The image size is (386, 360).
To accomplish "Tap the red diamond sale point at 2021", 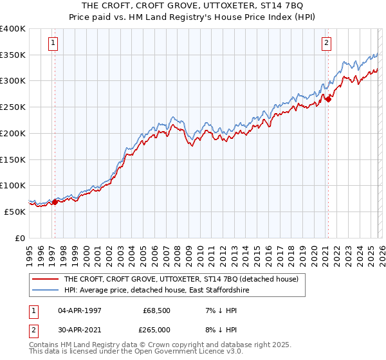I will [x=328, y=99].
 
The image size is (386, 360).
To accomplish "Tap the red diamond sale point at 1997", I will [x=55, y=202].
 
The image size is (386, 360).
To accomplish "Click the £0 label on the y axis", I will [x=20, y=238].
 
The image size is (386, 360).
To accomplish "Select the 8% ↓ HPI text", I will [x=215, y=328].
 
